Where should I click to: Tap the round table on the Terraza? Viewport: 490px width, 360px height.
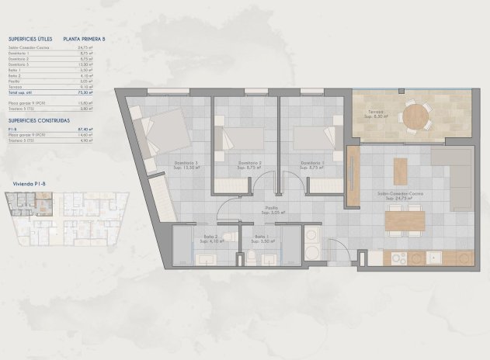(x=414, y=116)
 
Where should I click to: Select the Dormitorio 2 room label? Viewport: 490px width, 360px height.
(x=248, y=164)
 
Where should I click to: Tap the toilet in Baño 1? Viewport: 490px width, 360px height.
(x=254, y=259)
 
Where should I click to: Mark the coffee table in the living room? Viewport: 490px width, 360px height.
(x=399, y=171)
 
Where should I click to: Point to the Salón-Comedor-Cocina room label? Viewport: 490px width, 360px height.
(x=404, y=196)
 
